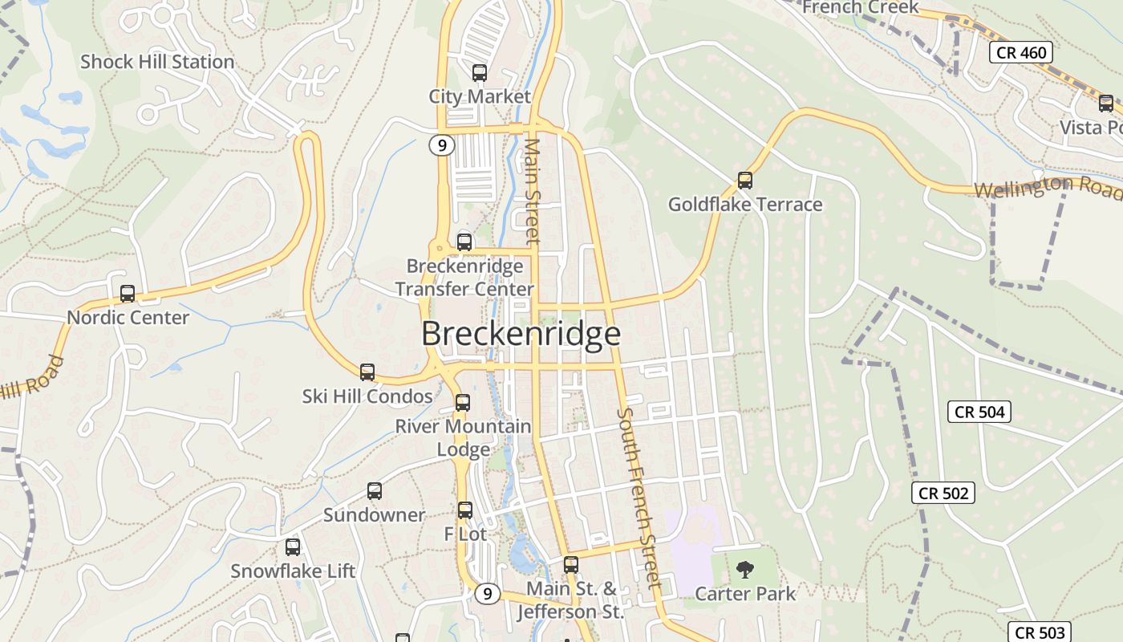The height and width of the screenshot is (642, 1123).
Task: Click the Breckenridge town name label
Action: point(521,334)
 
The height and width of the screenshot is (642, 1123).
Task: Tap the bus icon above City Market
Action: point(480,73)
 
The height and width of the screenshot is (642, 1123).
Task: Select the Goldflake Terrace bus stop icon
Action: point(745,181)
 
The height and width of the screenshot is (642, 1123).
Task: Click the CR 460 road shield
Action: point(1020,53)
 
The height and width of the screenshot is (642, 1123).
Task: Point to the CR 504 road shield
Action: point(979,412)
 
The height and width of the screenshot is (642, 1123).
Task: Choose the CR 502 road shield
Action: point(943,493)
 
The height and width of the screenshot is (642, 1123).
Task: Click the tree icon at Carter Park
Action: point(745,570)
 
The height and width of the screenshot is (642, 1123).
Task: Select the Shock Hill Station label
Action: point(157,62)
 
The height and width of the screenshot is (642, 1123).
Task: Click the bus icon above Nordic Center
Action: point(128,294)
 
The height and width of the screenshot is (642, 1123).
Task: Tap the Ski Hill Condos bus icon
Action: point(367,372)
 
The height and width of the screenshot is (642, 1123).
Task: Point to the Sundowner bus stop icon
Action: point(375,491)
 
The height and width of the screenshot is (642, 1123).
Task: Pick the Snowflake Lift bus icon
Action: point(293,547)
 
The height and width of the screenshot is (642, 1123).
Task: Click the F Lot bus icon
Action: point(465,510)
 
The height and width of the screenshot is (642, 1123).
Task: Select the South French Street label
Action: point(639,498)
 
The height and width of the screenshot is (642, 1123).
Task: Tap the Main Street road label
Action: point(533,191)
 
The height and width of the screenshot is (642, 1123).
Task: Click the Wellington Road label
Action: point(1048,188)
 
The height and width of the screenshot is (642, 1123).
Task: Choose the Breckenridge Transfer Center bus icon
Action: point(464,242)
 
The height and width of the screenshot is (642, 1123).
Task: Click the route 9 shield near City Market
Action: point(441,145)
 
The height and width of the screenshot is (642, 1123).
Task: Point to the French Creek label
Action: point(860,7)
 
